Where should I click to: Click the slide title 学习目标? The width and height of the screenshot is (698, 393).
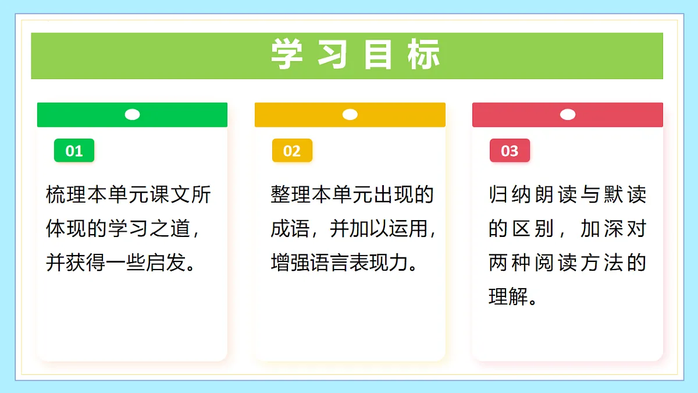355,55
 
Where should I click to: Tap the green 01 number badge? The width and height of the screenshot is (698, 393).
74,151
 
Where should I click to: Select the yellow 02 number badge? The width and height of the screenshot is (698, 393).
291,151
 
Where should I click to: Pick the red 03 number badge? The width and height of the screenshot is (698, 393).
509,151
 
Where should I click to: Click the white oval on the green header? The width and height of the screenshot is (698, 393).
132,115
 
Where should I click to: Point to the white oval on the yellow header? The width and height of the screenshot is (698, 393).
350,115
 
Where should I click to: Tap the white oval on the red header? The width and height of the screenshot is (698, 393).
567,115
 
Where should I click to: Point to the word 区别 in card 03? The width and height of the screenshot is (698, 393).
536,229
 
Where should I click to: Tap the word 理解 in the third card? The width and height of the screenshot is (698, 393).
504,297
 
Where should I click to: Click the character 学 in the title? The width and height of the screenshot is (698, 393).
287,55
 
